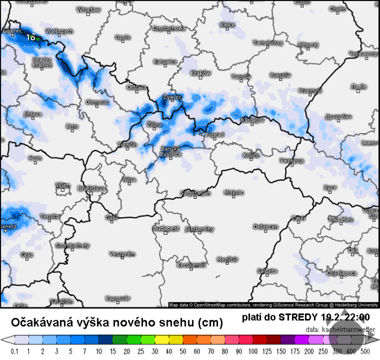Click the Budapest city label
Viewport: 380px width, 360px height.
click(166, 228)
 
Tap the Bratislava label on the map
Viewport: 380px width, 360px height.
click(92, 189)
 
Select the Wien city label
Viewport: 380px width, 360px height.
click(63, 185)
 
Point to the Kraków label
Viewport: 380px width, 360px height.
click(200, 73)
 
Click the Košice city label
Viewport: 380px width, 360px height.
click(250, 155)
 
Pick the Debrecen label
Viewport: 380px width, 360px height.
click(266, 227)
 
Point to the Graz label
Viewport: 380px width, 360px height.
click(27, 255)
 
